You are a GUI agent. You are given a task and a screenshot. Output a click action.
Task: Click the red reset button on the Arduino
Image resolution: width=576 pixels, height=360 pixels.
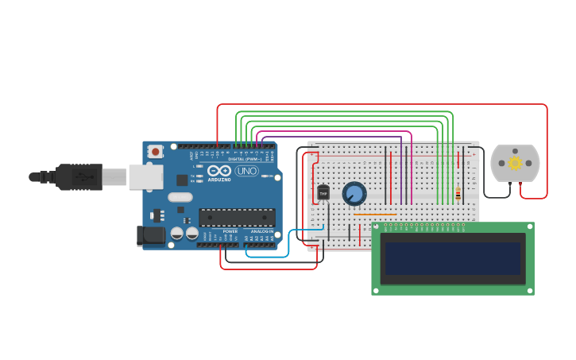click(x=156, y=151)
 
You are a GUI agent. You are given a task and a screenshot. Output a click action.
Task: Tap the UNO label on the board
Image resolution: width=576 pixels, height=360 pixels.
click(x=246, y=171)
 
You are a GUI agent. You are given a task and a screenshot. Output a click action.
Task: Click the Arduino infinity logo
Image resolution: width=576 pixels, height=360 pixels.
click(x=218, y=170)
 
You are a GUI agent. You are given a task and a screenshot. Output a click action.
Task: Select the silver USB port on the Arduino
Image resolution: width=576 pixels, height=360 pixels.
click(x=146, y=176)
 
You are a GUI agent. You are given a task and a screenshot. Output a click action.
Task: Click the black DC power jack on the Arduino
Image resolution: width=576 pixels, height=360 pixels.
click(x=150, y=235)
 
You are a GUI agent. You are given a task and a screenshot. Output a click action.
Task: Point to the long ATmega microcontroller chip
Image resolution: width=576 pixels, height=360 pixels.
click(x=237, y=217)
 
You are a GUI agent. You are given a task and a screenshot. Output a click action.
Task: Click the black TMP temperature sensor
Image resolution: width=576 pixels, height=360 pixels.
click(x=323, y=192)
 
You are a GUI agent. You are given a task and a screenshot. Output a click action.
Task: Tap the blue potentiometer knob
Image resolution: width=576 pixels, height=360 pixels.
click(x=354, y=193)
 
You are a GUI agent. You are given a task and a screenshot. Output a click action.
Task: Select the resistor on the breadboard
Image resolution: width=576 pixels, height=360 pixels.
click(x=458, y=193)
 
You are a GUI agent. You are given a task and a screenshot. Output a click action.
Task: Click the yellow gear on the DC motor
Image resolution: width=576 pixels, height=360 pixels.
click(x=515, y=163)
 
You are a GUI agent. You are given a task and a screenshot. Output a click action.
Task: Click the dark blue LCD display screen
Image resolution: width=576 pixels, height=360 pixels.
click(x=453, y=258)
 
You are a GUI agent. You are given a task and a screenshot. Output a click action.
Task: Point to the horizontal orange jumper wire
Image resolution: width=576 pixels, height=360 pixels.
click(x=374, y=214)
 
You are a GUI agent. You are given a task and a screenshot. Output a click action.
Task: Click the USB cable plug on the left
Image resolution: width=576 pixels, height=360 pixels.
click(x=75, y=176)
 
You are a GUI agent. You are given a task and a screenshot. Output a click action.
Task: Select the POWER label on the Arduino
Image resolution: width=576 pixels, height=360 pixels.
click(x=230, y=231)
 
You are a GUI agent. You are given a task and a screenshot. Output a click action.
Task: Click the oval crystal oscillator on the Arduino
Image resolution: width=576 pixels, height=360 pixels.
click(x=180, y=197)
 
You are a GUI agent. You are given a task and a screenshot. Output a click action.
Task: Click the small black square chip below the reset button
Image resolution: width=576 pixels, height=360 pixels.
click(x=182, y=180)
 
